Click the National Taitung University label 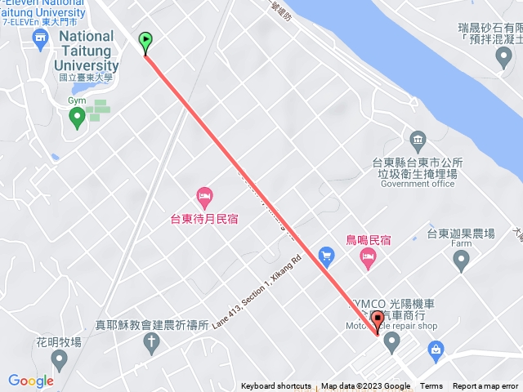pyautogui.click(x=87, y=51)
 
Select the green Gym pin pyautogui.click(x=78, y=118)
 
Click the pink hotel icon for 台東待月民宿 pyautogui.click(x=204, y=197)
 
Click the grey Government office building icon pyautogui.click(x=417, y=139)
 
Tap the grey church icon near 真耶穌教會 pyautogui.click(x=152, y=343)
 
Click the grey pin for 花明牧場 pyautogui.click(x=60, y=360)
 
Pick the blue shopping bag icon pyautogui.click(x=436, y=351)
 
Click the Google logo pyautogui.click(x=30, y=381)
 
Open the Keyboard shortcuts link pyautogui.click(x=275, y=386)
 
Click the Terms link pyautogui.click(x=431, y=386)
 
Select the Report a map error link pyautogui.click(x=485, y=386)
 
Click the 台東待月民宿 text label pyautogui.click(x=203, y=219)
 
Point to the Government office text pyautogui.click(x=417, y=184)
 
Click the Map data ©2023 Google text pyautogui.click(x=365, y=386)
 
